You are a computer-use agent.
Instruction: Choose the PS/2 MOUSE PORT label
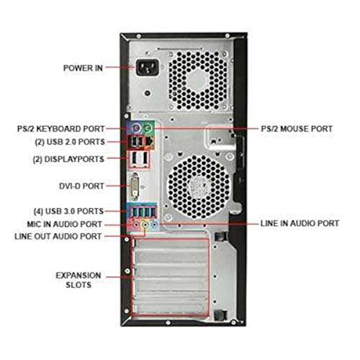[x=297, y=128]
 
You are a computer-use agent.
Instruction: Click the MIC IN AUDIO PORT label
[x=69, y=224]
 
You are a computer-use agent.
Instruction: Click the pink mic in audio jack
[x=134, y=224]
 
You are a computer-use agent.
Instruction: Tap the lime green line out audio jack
[x=144, y=224]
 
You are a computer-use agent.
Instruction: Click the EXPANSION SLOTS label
[x=78, y=280]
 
